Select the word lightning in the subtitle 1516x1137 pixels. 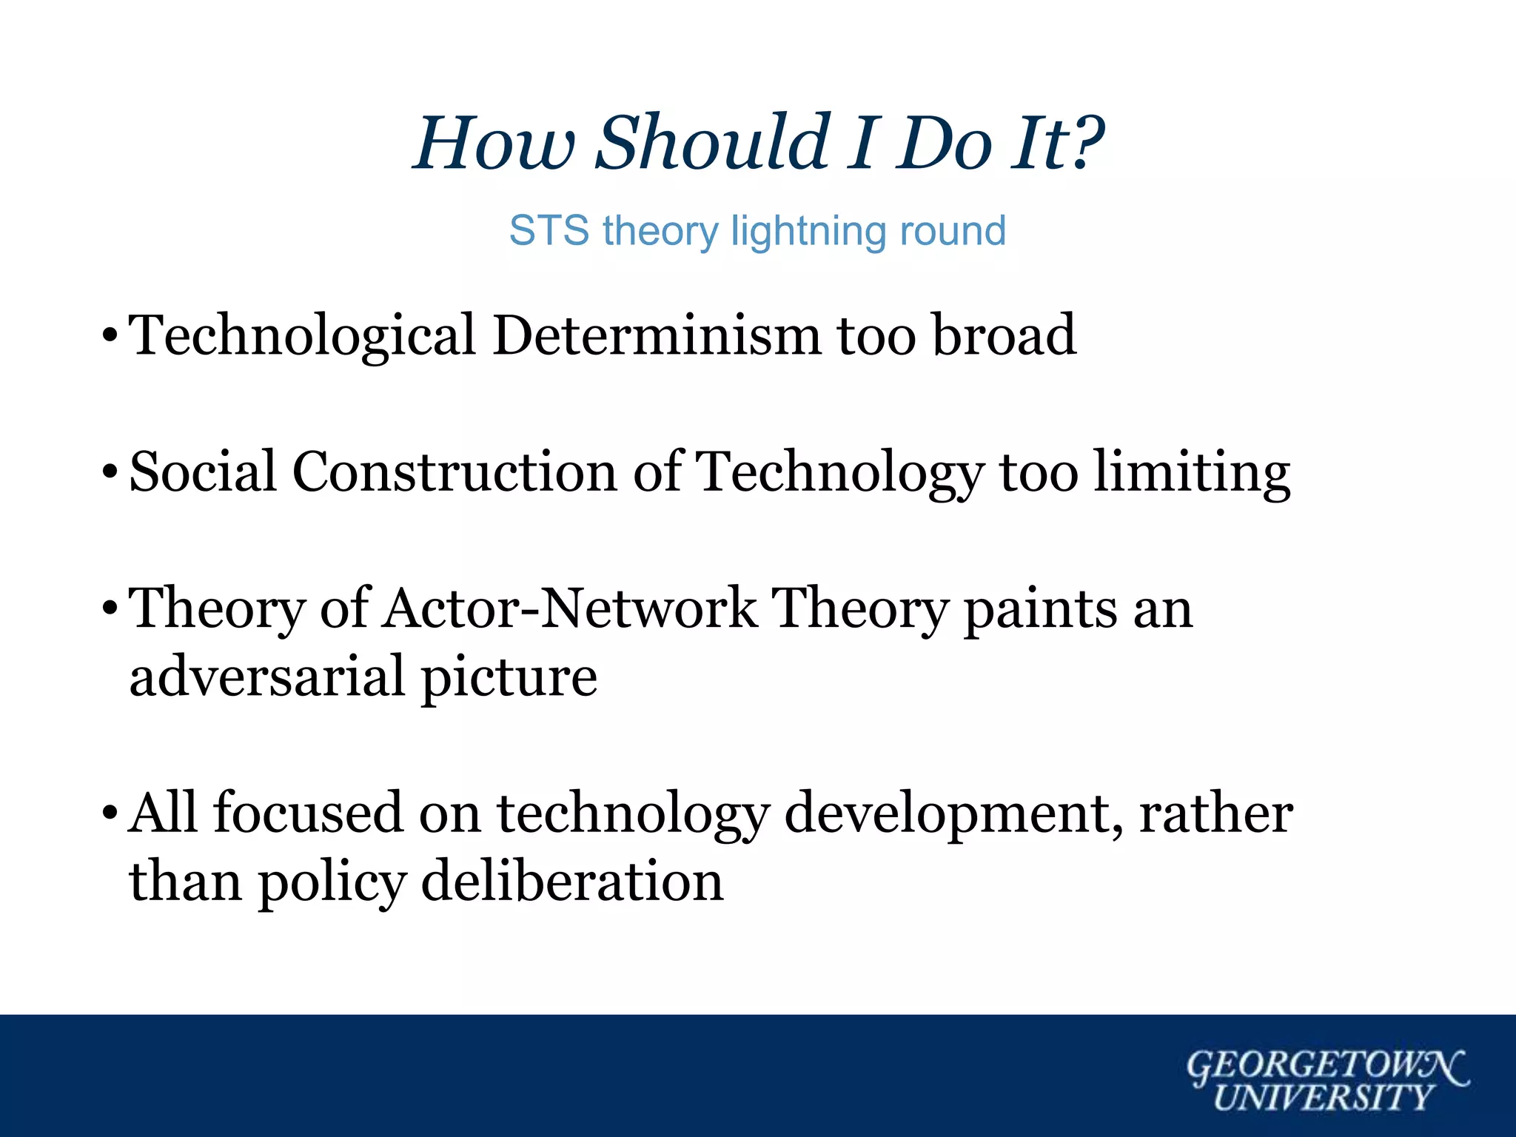pyautogui.click(x=804, y=231)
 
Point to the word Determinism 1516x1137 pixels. pyautogui.click(x=656, y=335)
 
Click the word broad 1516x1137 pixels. pyautogui.click(x=1003, y=335)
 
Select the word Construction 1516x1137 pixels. pyautogui.click(x=455, y=472)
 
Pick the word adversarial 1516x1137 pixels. pyautogui.click(x=267, y=677)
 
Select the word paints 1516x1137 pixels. pyautogui.click(x=1040, y=610)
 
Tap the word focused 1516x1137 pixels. pyautogui.click(x=308, y=813)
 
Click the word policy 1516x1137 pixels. pyautogui.click(x=332, y=882)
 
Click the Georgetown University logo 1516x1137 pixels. pyautogui.click(x=1326, y=1080)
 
